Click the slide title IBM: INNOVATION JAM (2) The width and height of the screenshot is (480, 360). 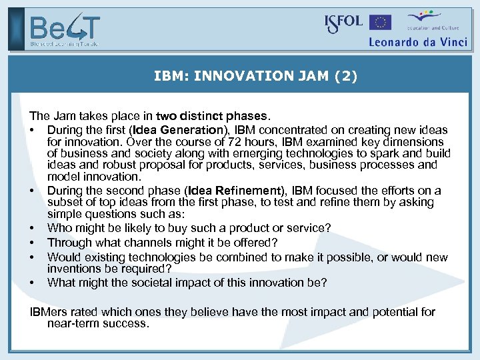[x=255, y=77]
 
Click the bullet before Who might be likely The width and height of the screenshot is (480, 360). [x=32, y=229]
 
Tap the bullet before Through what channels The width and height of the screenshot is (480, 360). [x=32, y=243]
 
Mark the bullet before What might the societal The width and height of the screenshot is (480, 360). [x=32, y=283]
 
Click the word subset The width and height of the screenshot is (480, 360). [x=65, y=203]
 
